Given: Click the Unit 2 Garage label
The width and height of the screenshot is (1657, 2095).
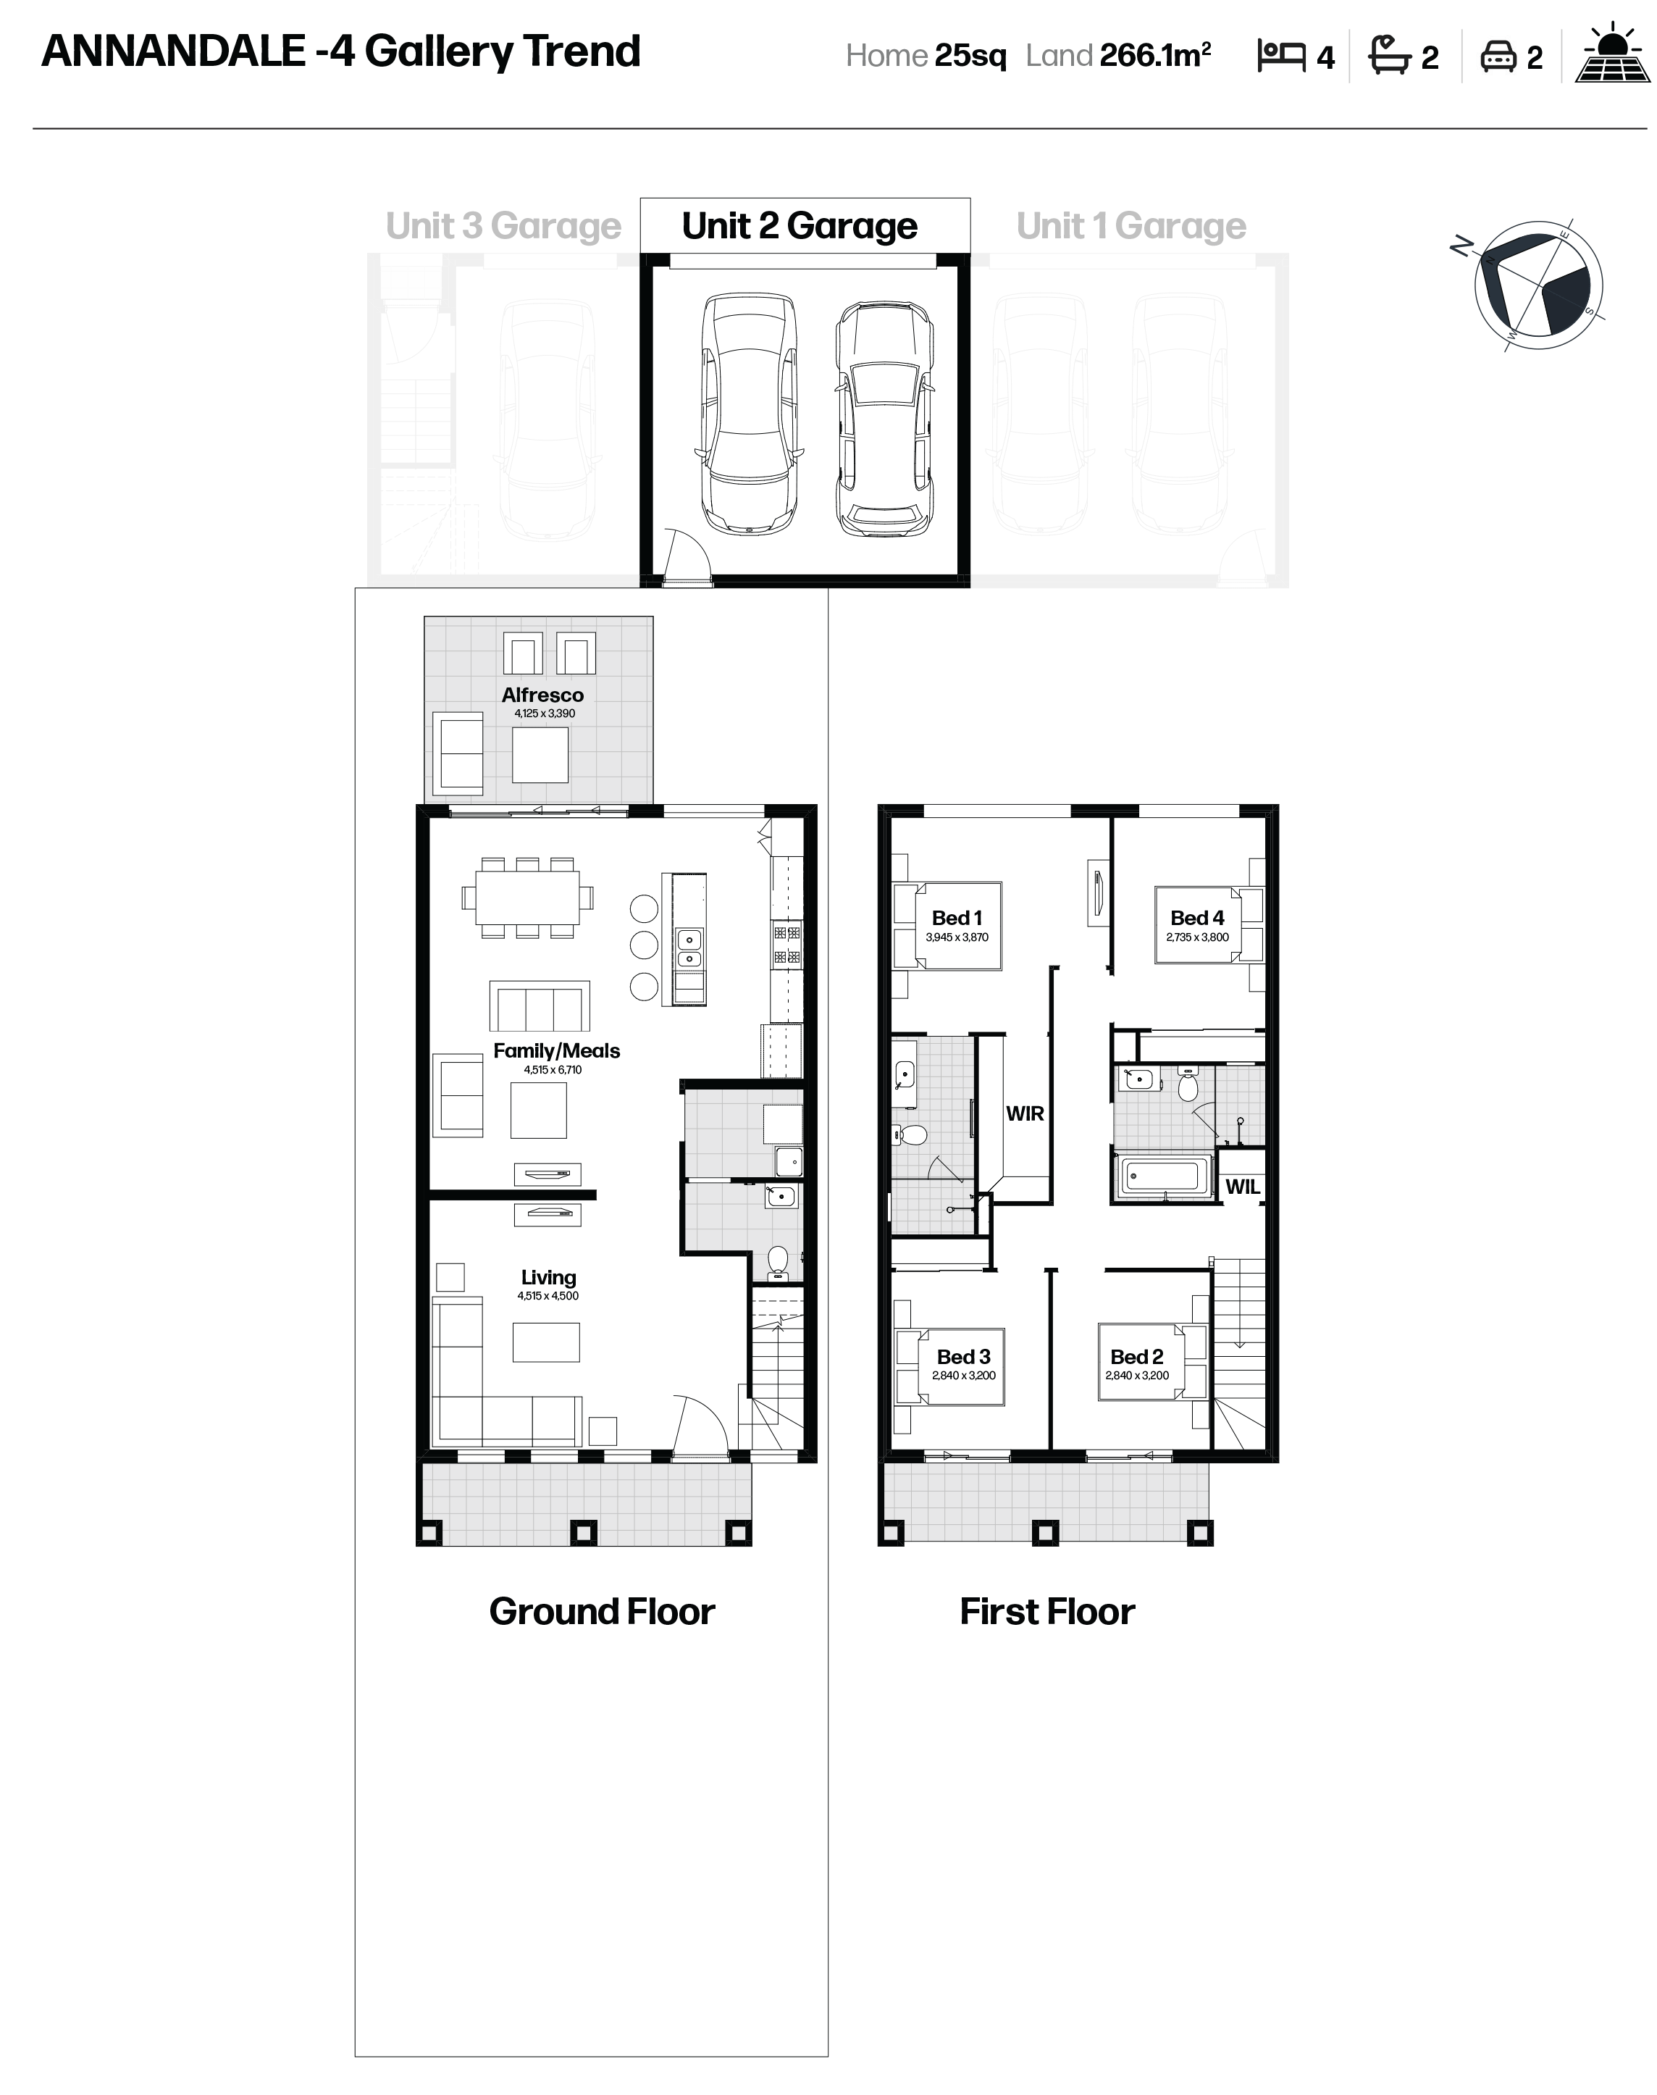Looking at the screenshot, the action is (x=800, y=226).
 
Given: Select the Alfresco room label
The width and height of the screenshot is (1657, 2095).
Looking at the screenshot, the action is (x=542, y=695).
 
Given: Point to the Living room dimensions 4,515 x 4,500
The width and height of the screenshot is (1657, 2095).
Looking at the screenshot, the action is (x=548, y=1295).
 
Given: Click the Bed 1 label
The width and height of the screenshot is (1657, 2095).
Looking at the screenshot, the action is (x=957, y=917).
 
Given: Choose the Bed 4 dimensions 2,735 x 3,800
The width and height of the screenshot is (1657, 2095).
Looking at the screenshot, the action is (x=1197, y=937).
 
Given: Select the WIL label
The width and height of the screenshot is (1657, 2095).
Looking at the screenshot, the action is (x=1242, y=1186).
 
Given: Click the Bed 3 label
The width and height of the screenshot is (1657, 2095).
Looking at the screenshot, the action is (x=963, y=1357).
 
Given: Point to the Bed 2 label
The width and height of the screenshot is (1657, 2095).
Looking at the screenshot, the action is (x=1136, y=1357).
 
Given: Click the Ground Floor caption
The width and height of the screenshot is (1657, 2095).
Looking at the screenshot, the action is (x=602, y=1612).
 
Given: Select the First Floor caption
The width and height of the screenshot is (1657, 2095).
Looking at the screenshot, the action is (x=1046, y=1612).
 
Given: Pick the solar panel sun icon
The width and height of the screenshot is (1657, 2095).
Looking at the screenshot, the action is (x=1612, y=54).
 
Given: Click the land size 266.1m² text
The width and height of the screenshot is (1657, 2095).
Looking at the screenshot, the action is (x=1155, y=55).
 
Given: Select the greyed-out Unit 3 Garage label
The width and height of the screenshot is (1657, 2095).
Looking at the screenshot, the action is (x=503, y=226).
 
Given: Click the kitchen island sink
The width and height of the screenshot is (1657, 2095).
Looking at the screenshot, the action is (x=689, y=949).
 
